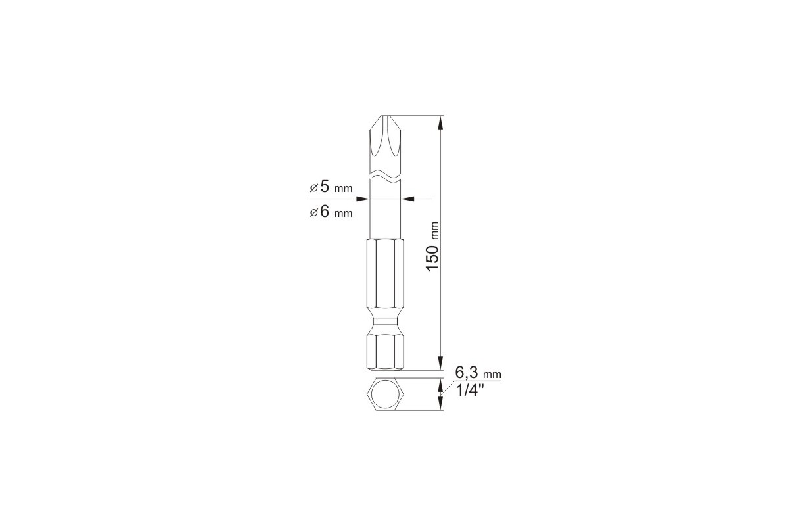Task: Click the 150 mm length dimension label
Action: [x=432, y=247]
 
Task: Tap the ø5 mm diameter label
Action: [x=331, y=187]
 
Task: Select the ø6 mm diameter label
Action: [x=331, y=211]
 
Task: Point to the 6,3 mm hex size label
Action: [x=478, y=372]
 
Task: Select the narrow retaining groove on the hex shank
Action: [x=385, y=322]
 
